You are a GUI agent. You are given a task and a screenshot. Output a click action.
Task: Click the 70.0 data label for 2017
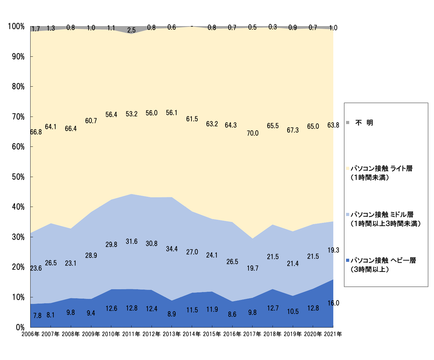coord(253,133)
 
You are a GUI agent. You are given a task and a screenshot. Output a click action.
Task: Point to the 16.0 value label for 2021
coord(333,303)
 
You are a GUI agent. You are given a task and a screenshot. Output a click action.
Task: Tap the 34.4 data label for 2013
coord(172,249)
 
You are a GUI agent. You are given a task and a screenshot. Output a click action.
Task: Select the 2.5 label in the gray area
coord(132,30)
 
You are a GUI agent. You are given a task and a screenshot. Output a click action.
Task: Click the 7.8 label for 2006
coord(37,316)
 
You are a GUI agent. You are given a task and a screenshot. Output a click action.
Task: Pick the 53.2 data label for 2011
coord(132,114)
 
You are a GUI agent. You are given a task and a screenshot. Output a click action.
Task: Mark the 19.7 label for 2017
coord(253,268)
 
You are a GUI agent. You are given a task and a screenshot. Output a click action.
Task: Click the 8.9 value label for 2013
coord(172,314)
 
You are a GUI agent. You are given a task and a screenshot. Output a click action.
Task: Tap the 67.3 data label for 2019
coord(293,130)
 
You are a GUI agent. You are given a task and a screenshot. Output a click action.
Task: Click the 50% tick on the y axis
coord(18,177)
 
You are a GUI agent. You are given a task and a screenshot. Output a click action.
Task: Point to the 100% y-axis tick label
coord(16,26)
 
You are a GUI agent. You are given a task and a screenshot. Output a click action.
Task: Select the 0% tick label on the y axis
coord(20,327)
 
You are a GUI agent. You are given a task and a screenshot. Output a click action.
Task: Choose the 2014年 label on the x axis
coord(191,334)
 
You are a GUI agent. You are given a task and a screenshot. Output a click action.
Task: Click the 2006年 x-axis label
coord(31,334)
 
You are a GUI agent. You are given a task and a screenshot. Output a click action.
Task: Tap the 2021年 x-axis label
coord(333,334)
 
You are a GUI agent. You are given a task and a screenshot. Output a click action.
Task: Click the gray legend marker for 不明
coord(348,122)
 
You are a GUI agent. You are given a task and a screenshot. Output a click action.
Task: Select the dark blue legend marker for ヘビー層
coord(348,260)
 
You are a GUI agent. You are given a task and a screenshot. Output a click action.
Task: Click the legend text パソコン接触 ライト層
coord(382,169)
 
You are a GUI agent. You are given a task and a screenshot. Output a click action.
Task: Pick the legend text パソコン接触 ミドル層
coord(382,214)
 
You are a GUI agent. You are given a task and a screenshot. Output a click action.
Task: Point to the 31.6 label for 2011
coord(132,242)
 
